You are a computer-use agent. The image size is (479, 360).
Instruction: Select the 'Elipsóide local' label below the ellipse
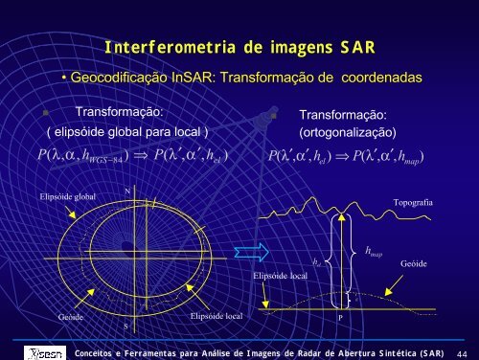coord(217,314)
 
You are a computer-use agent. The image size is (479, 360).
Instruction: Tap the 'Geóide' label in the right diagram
coord(413,261)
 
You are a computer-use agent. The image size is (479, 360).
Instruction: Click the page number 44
coord(461,351)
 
